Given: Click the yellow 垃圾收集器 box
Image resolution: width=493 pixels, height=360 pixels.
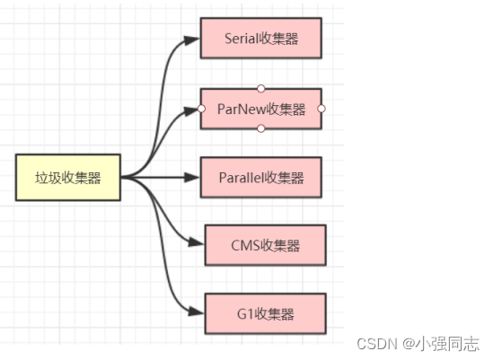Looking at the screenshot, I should (67, 178).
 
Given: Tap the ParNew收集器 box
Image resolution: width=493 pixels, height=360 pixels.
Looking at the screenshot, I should (260, 110).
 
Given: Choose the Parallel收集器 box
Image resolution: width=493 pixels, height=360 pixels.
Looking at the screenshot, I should (260, 177).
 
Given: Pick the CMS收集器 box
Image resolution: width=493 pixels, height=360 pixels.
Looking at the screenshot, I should (265, 246).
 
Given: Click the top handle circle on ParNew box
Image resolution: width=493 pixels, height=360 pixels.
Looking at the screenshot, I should (260, 88).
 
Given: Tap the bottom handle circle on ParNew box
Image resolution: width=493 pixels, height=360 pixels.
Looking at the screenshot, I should (260, 129).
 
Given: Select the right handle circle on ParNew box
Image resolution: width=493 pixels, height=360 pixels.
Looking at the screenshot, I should (321, 109).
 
